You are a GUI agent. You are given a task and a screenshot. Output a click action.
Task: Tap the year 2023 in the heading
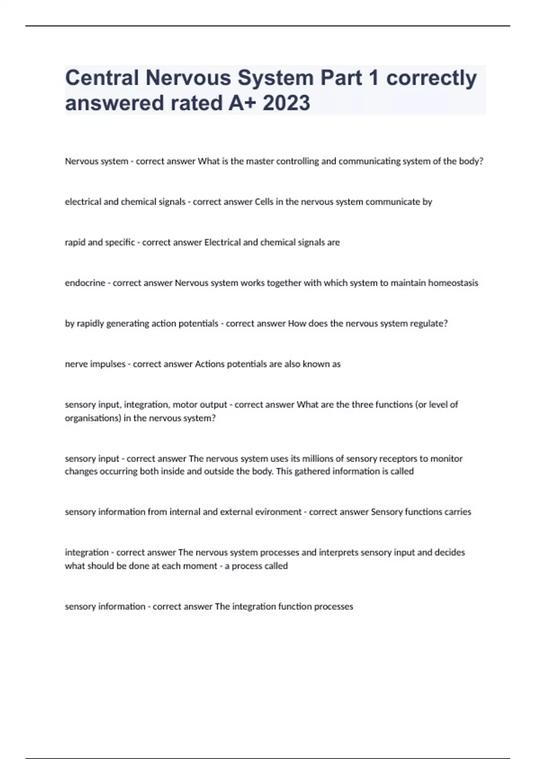(x=286, y=103)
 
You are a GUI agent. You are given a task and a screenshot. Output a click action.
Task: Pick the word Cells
(x=264, y=202)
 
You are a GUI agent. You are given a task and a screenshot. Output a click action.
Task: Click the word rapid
(x=75, y=242)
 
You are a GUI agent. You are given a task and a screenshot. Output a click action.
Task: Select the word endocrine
(x=85, y=283)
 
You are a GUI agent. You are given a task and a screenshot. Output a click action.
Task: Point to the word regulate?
(x=429, y=324)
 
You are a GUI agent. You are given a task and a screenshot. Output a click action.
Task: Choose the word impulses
(x=108, y=364)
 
